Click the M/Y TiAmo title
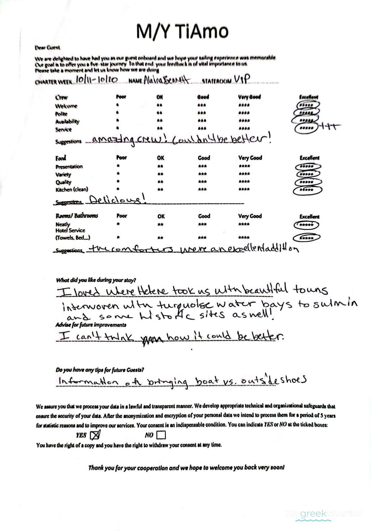182,31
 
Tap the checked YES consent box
95,435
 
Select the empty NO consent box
161,435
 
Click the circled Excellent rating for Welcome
307,105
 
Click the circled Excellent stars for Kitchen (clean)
307,190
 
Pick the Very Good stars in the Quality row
244,182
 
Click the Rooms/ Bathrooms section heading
77,216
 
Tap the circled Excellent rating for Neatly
306,225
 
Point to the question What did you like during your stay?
96,280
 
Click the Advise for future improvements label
91,325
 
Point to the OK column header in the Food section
160,158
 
